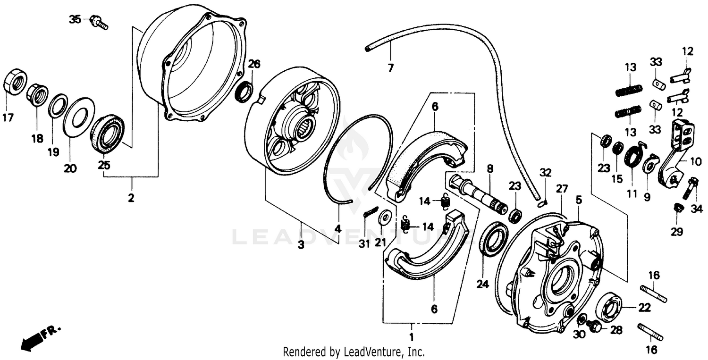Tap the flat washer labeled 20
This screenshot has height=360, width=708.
(x=78, y=117)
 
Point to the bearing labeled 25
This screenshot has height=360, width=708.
(x=107, y=134)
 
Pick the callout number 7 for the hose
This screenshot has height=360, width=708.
(x=390, y=68)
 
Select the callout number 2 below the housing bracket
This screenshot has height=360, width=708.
(x=131, y=198)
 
